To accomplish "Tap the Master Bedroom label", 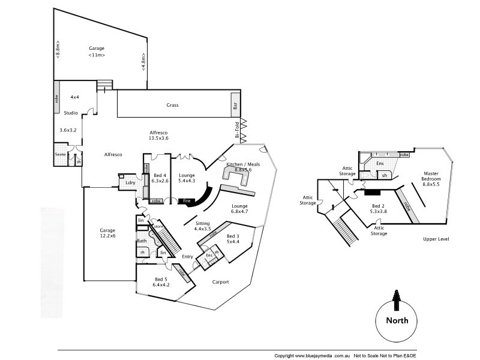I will pyautogui.click(x=431, y=176).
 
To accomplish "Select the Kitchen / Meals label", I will pyautogui.click(x=239, y=163).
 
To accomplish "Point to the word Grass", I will pyautogui.click(x=173, y=105).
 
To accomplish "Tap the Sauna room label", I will pyautogui.click(x=60, y=154).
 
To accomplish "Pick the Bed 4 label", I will pyautogui.click(x=157, y=174).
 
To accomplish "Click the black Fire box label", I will pyautogui.click(x=187, y=200).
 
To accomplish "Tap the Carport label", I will pyautogui.click(x=220, y=282).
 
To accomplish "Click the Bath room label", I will pyautogui.click(x=142, y=241).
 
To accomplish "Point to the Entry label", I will pyautogui.click(x=188, y=257).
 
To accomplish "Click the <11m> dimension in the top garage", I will pyautogui.click(x=97, y=55).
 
